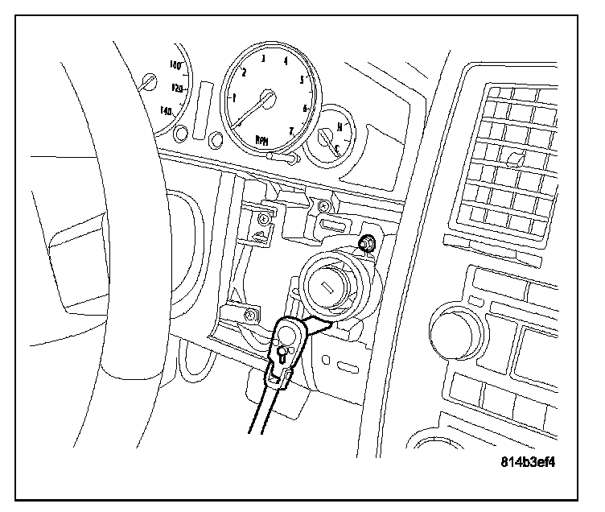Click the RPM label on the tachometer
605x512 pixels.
coord(262,139)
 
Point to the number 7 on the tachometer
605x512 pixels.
coord(291,130)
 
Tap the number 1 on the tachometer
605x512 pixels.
coord(234,97)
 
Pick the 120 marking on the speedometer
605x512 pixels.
coord(179,86)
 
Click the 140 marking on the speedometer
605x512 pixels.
coord(168,109)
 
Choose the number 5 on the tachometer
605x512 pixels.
coord(302,80)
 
